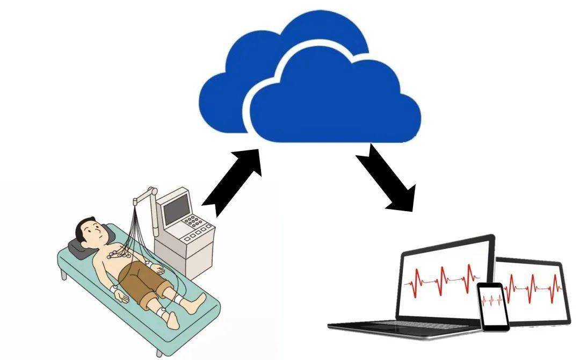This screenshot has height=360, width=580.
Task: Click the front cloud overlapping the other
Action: tap(333, 102)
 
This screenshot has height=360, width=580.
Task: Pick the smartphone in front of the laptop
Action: tap(493, 306)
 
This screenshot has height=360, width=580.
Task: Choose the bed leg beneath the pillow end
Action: tap(64, 275)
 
